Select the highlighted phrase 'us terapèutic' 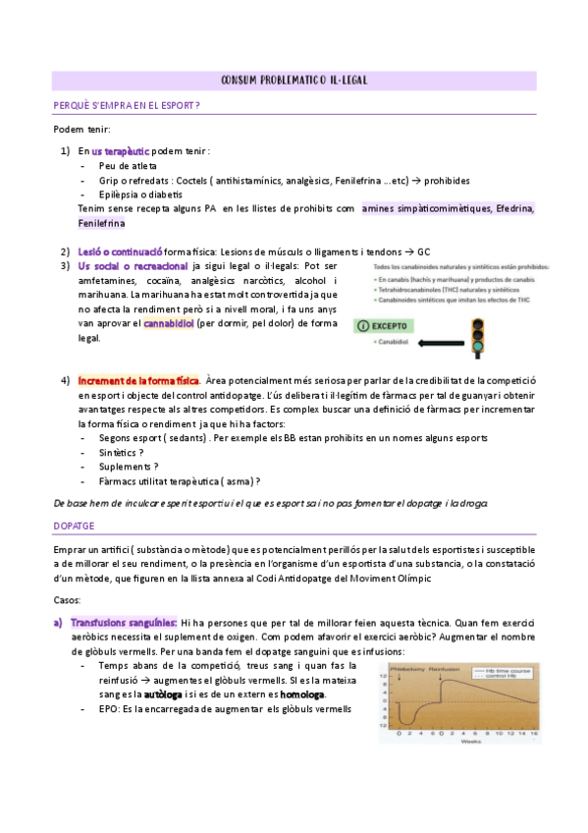(120, 151)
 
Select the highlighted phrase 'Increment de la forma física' (138, 380)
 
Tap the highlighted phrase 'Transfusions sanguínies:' (124, 622)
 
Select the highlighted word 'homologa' (302, 694)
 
